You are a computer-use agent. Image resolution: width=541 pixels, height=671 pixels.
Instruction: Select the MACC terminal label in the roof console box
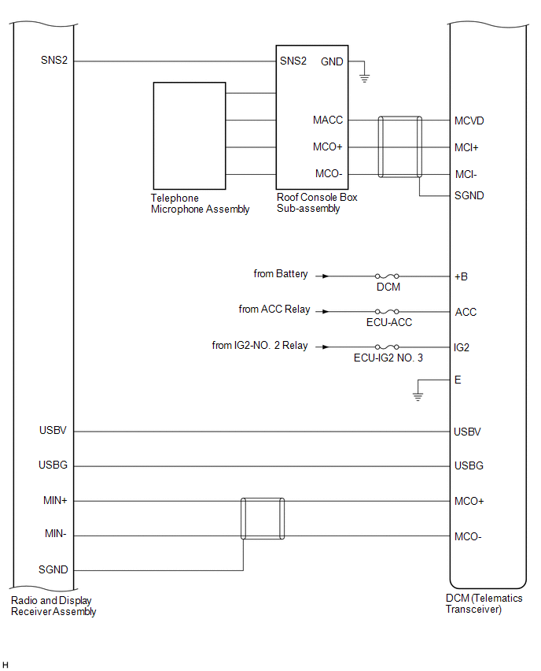[x=328, y=120]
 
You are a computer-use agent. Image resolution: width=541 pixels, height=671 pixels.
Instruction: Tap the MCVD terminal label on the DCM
[x=469, y=120]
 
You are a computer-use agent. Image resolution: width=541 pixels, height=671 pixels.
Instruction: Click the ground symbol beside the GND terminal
[x=364, y=78]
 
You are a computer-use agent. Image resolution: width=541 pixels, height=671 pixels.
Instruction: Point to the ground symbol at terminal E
[x=418, y=397]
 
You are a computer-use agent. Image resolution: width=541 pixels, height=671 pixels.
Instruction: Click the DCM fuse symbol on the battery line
[x=387, y=276]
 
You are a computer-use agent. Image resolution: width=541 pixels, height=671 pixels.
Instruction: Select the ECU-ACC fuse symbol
[x=387, y=312]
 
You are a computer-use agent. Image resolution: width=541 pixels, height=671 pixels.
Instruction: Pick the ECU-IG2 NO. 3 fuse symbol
[x=387, y=347]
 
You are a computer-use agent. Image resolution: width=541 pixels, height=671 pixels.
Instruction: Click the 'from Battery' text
[x=280, y=274]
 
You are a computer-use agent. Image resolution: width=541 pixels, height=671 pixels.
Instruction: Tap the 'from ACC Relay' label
[x=274, y=309]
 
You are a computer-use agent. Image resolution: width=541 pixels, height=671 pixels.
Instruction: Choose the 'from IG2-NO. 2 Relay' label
[x=259, y=345]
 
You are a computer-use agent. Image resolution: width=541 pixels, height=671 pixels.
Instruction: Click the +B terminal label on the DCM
[x=461, y=276]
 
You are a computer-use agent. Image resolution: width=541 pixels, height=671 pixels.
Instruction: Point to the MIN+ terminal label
[x=55, y=500]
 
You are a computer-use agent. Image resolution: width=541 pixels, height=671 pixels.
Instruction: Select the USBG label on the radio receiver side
[x=53, y=465]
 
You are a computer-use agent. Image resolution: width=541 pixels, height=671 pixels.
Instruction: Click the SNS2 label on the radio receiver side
[x=54, y=60]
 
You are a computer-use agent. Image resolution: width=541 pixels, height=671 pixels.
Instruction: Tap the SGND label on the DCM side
[x=469, y=195]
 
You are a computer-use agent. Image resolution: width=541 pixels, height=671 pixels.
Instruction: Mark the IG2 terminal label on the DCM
[x=462, y=347]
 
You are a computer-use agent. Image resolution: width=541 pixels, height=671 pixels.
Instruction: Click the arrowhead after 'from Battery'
[x=326, y=276]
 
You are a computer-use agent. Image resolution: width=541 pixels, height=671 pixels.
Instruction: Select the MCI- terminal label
[x=466, y=174]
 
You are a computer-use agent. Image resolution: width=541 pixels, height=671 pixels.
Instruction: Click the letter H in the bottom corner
[x=6, y=665]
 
